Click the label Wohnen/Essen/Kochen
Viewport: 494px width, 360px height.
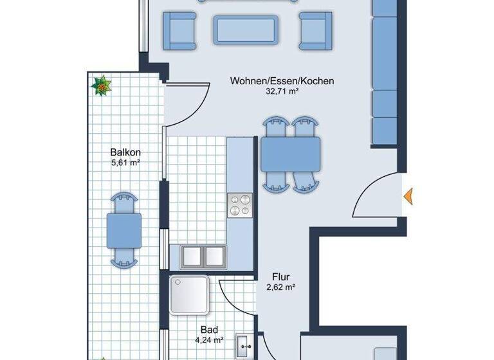282,81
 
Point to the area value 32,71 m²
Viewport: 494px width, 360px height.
282,91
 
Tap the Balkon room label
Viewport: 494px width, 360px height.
125,152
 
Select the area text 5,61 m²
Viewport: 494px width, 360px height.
125,163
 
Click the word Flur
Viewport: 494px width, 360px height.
280,278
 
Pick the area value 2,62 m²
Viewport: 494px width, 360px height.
280,288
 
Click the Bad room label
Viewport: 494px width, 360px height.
209,329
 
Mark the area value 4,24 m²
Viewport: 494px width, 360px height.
209,340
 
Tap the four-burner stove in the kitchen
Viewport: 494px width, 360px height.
241,206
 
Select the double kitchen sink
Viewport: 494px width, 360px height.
203,255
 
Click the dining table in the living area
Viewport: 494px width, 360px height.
290,154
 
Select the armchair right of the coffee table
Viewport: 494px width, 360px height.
316,30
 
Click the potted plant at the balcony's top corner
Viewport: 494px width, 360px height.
101,85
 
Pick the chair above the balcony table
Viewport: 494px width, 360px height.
124,201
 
